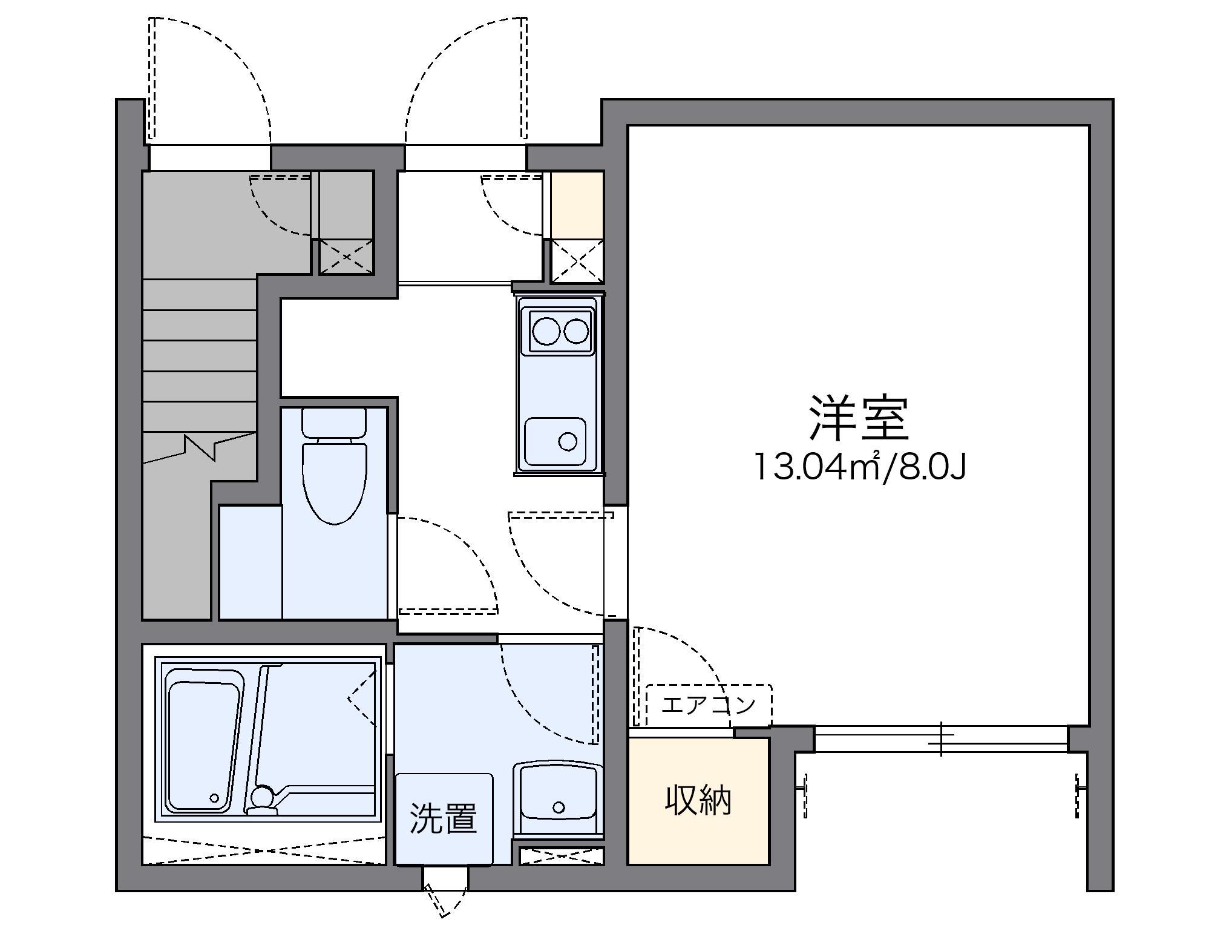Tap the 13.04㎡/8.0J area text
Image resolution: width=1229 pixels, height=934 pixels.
859,467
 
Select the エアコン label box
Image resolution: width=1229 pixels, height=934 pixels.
709,705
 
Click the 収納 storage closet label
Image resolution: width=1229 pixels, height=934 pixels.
698,800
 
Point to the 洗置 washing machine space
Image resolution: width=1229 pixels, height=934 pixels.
444,818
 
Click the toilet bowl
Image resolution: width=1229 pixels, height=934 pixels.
335,481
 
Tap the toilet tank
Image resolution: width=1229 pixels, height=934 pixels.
334,422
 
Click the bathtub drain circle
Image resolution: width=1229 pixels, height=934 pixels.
214,798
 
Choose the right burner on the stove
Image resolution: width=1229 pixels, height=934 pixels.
576,331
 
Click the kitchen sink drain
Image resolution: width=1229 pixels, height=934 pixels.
567,441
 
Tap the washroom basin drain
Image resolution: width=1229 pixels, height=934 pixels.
559,807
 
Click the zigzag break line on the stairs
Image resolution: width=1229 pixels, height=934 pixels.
200,446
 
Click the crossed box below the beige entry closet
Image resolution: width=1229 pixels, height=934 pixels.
577,261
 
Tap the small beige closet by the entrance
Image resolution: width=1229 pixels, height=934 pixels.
577,205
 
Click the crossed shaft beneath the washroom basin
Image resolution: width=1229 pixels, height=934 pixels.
562,856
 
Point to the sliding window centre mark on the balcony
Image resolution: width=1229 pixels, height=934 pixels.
941,739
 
